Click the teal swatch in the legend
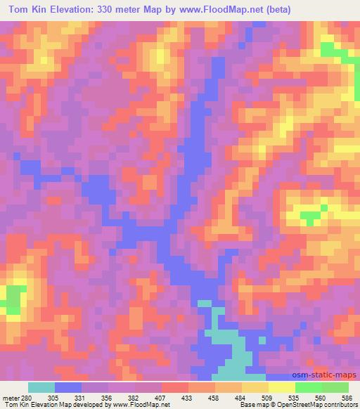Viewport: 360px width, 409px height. pyautogui.click(x=41, y=388)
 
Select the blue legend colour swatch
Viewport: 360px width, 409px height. pyautogui.click(x=69, y=388)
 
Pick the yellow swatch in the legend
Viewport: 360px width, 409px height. pyautogui.click(x=254, y=388)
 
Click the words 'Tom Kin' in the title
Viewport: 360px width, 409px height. pyautogui.click(x=28, y=10)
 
